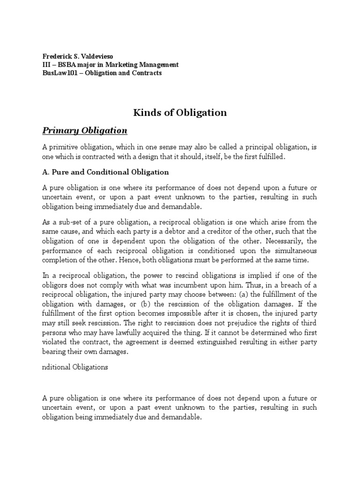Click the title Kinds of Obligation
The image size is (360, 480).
[x=180, y=112]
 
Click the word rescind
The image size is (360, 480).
[x=174, y=275]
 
